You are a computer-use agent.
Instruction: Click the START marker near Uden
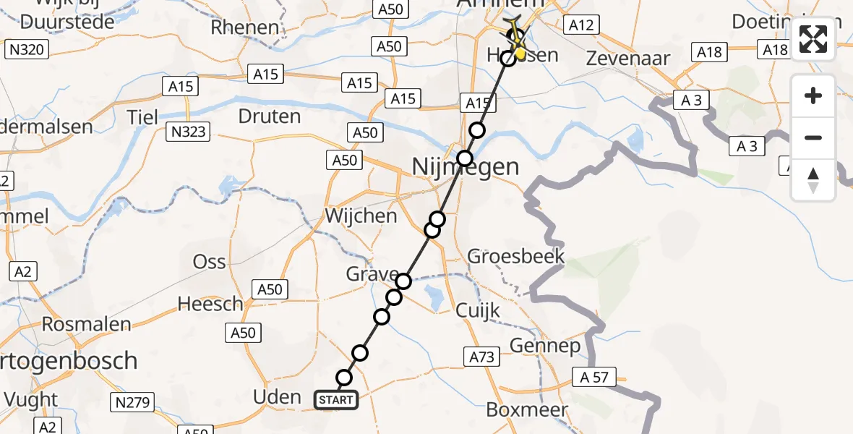pyautogui.click(x=336, y=400)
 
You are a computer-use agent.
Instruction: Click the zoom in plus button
pyautogui.click(x=813, y=96)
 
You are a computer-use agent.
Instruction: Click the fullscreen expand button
pyautogui.click(x=813, y=39)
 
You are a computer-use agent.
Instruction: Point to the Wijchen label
pyautogui.click(x=361, y=216)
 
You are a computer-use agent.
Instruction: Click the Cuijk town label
pyautogui.click(x=478, y=310)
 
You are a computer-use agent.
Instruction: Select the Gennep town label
pyautogui.click(x=545, y=346)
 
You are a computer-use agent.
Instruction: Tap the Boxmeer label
pyautogui.click(x=527, y=409)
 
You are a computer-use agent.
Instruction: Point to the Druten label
pyautogui.click(x=269, y=116)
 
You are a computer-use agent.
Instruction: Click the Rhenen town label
pyautogui.click(x=244, y=27)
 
